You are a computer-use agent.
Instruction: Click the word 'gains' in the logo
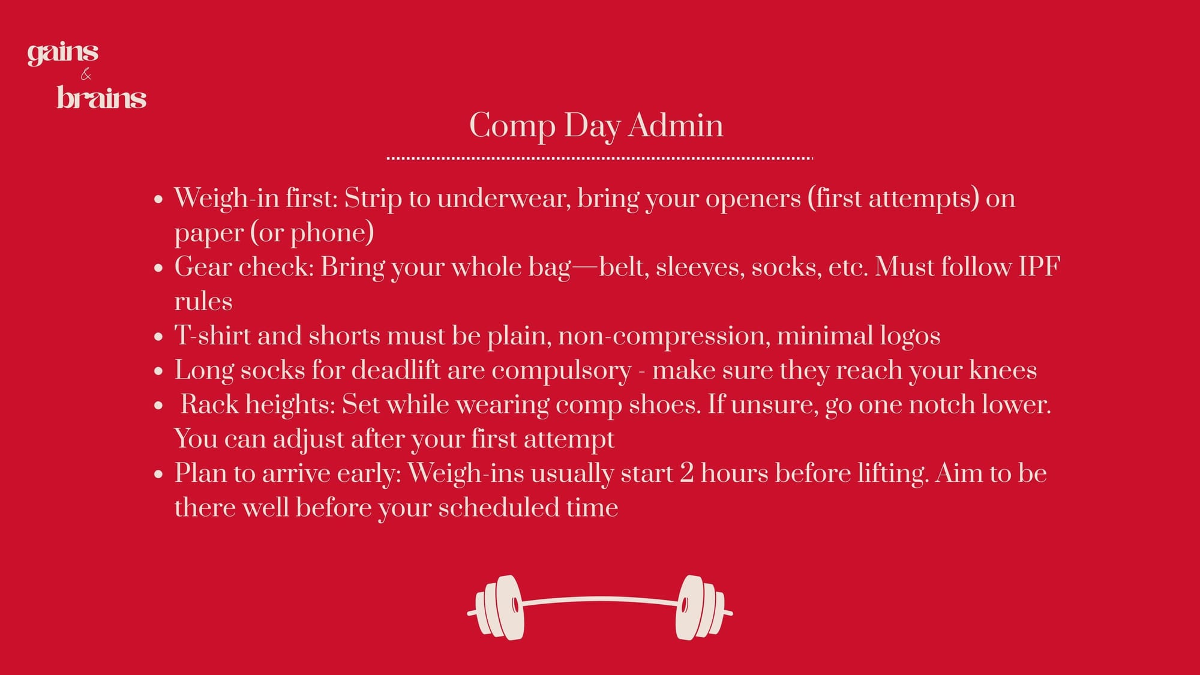pyautogui.click(x=63, y=53)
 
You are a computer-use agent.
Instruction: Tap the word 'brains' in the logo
pyautogui.click(x=101, y=98)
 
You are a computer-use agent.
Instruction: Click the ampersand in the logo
pyautogui.click(x=86, y=74)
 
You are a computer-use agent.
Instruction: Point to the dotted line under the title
pyautogui.click(x=600, y=158)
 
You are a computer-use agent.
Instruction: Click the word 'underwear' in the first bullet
pyautogui.click(x=503, y=198)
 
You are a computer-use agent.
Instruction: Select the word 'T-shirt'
pyautogui.click(x=212, y=335)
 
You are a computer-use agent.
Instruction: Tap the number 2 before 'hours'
pyautogui.click(x=687, y=473)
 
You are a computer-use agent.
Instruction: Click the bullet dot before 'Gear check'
pyautogui.click(x=158, y=268)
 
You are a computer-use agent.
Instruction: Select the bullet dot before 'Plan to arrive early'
pyautogui.click(x=158, y=475)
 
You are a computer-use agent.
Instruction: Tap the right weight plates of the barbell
pyautogui.click(x=700, y=607)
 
